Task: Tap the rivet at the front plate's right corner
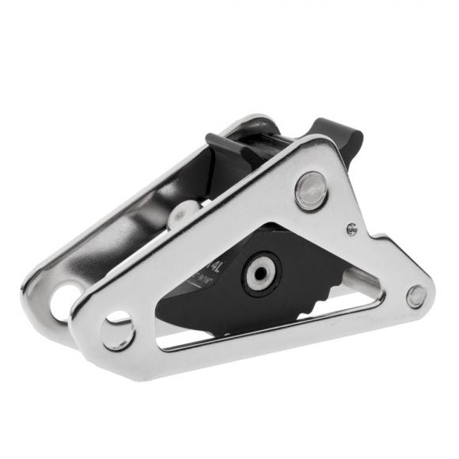[x=416, y=296]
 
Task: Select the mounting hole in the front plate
[x=118, y=329]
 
